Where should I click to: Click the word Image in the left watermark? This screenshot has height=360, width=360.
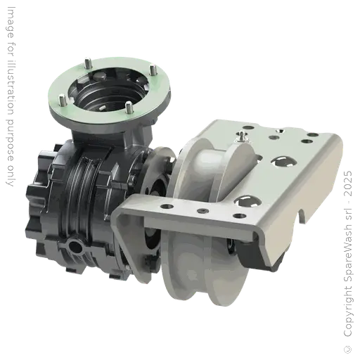click(x=11, y=22)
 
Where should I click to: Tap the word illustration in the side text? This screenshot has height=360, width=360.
click(x=11, y=87)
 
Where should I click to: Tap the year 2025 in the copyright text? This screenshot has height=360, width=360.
click(x=348, y=184)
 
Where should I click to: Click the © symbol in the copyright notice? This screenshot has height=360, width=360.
click(x=348, y=349)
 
